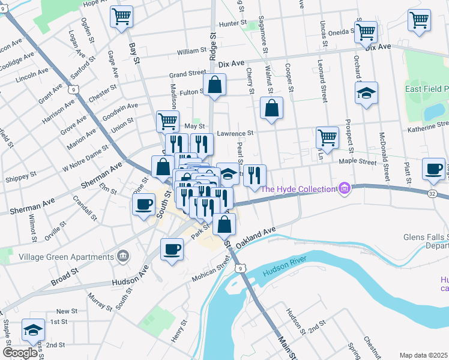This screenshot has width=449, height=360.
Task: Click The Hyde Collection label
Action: point(298,189)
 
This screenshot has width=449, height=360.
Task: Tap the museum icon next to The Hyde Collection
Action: point(343,189)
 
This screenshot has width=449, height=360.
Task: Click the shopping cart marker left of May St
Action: point(167,121)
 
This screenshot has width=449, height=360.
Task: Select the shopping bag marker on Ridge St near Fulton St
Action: point(214,86)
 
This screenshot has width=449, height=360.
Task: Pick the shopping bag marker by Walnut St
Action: point(271,109)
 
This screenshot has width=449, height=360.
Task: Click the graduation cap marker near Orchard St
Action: point(366,94)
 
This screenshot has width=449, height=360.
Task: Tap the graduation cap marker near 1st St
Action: point(32,329)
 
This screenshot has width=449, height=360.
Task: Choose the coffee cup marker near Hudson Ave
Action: point(172,248)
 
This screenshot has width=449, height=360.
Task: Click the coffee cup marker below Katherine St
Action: point(433,169)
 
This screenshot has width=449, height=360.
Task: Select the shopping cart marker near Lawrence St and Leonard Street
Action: point(327,137)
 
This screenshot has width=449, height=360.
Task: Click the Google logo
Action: point(20,353)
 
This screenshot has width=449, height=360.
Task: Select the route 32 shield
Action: point(432,194)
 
